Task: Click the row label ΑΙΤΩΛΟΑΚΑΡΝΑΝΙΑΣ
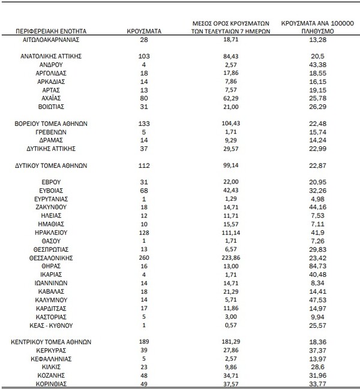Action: tap(51, 40)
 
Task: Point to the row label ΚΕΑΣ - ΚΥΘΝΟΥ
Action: tap(51, 325)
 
